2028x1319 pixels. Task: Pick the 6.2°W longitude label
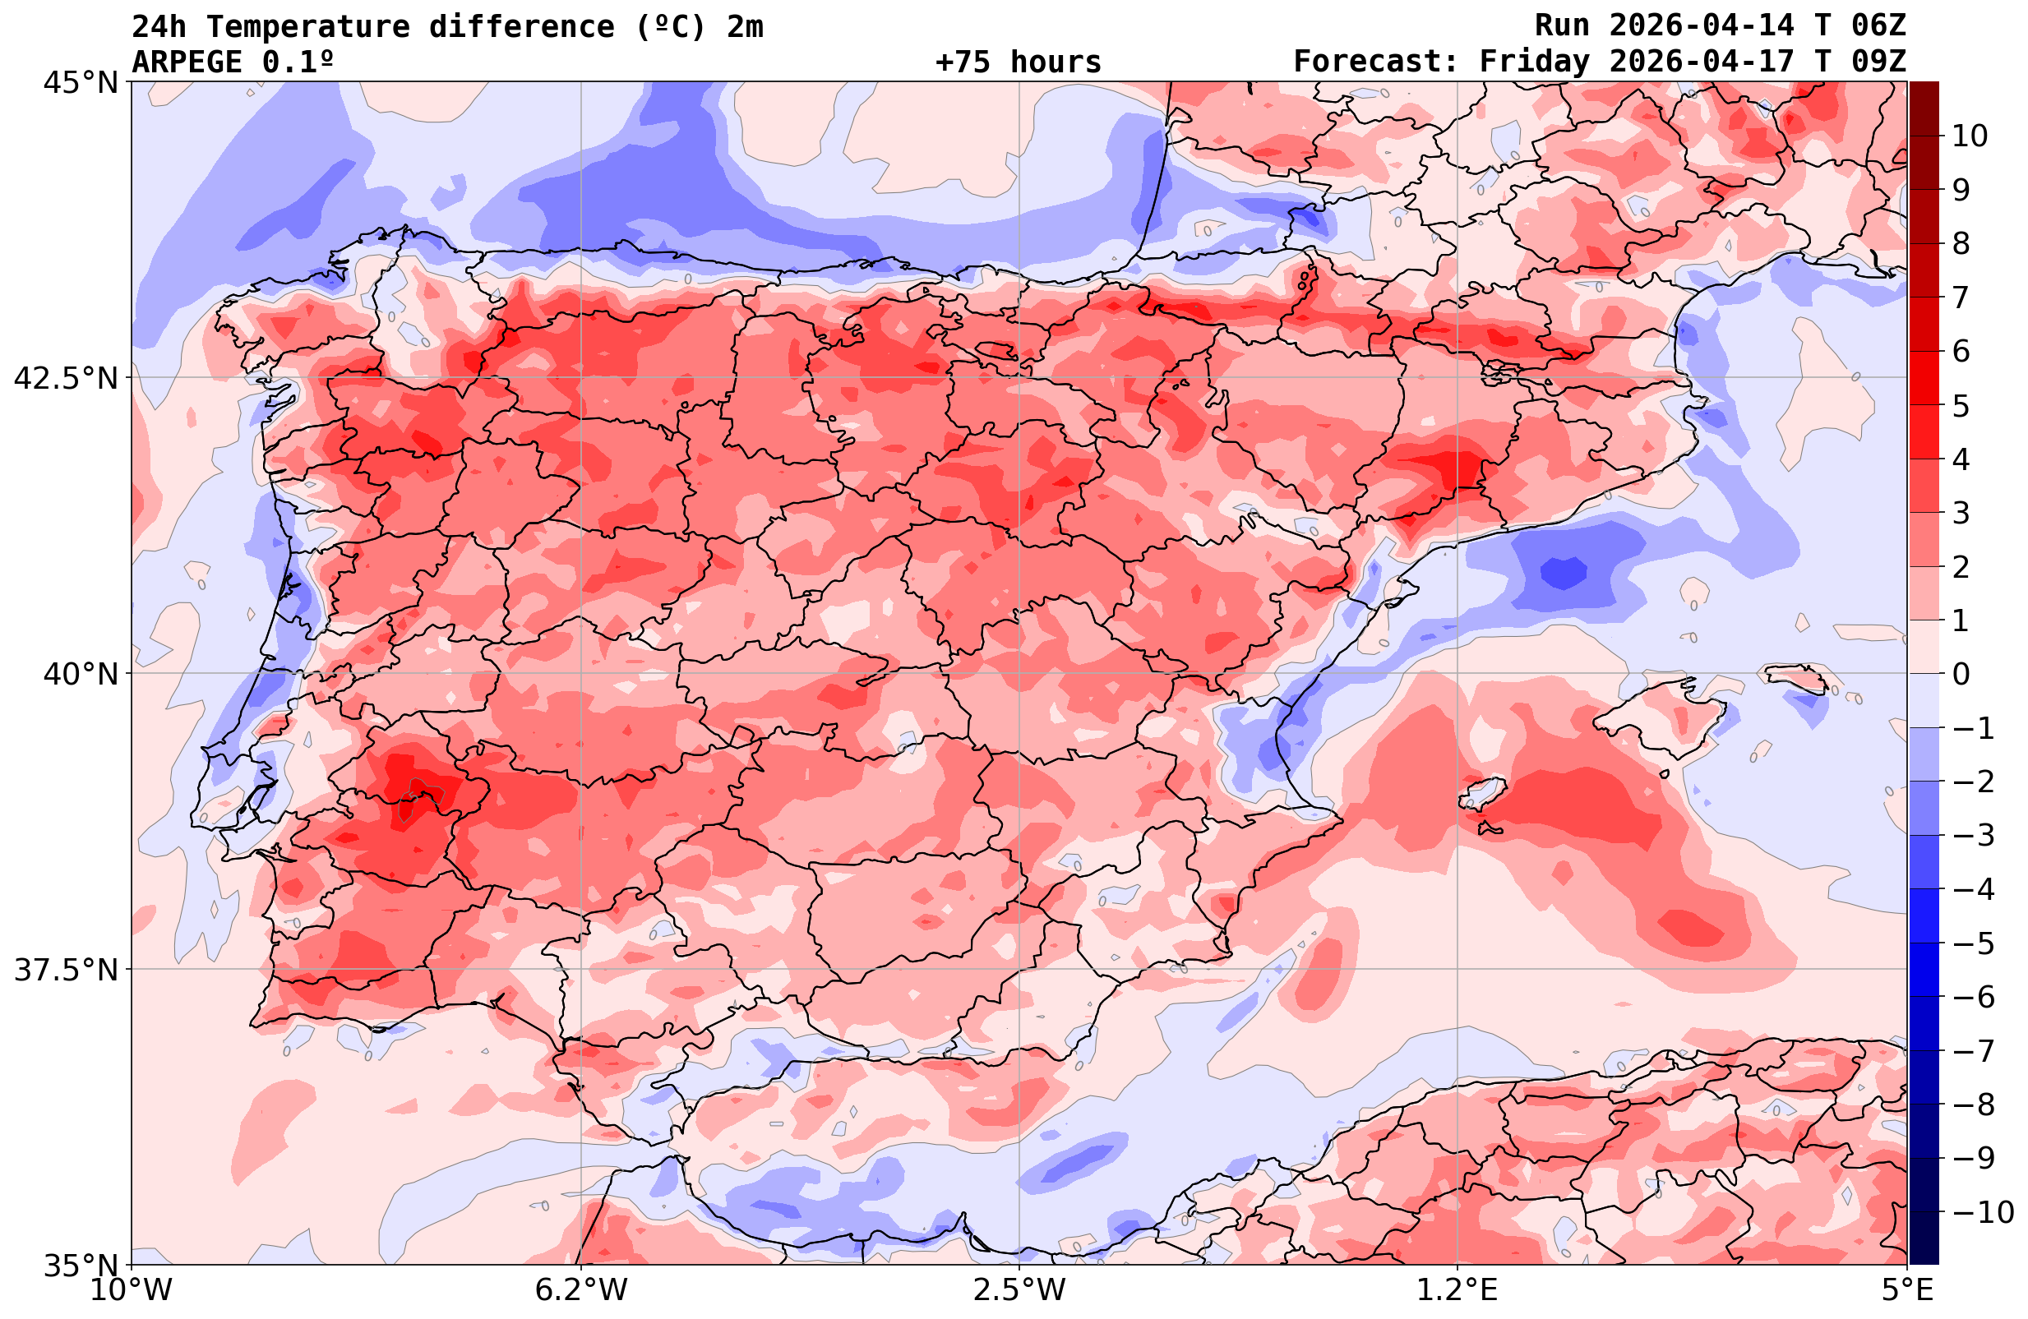point(580,1290)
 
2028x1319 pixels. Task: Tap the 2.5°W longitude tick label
point(1019,1290)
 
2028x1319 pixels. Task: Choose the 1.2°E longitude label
point(1457,1290)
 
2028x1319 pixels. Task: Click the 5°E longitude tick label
point(1907,1290)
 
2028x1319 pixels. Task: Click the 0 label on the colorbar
point(1961,674)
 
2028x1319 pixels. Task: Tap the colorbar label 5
point(1961,406)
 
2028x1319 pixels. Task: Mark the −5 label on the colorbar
point(1974,943)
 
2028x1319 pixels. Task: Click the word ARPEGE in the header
point(187,62)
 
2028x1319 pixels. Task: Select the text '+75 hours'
point(1019,62)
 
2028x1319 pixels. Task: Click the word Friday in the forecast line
point(1534,62)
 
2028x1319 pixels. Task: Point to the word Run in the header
point(1562,25)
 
